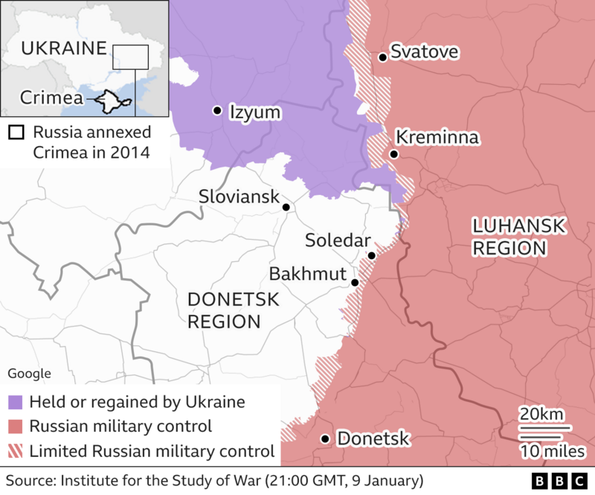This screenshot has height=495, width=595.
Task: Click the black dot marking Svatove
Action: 382,57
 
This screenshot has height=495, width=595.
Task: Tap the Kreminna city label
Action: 437,138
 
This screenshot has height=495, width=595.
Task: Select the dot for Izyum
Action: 217,110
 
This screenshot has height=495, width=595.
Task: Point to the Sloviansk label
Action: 239,197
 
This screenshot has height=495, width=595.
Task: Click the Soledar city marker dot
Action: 371,255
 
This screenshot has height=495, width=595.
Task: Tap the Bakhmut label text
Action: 308,273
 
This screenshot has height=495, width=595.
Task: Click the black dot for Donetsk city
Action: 325,439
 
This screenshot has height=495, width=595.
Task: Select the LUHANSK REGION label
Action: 507,237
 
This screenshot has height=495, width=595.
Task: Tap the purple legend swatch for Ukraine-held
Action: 15,403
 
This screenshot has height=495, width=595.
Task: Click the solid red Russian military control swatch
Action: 15,427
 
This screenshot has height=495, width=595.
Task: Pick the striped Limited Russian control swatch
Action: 15,450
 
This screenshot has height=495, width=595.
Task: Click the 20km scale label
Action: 542,414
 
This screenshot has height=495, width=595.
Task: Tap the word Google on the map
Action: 29,374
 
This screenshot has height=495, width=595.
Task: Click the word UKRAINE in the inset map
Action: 62,49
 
